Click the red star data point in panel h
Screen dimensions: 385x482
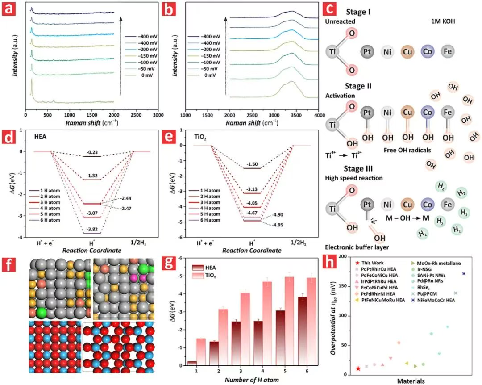pos(358,368)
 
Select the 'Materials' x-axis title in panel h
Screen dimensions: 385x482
pos(411,381)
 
